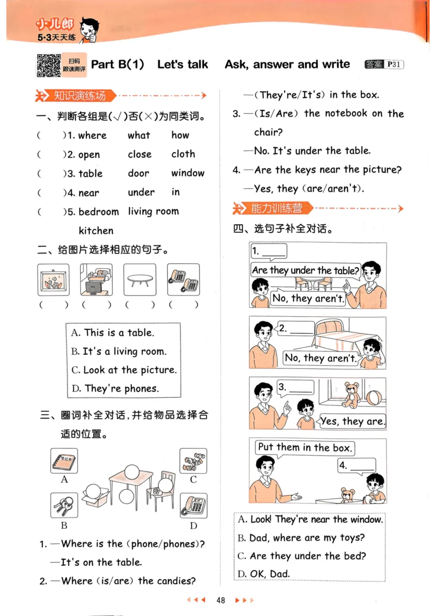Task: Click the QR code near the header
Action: coord(49,65)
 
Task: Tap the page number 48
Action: coord(221,600)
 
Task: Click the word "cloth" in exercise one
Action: coord(183,154)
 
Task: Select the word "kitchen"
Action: coord(96,230)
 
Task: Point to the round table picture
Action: coord(140,280)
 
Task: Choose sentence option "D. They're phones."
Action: coord(114,389)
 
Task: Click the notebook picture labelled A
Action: coord(64,461)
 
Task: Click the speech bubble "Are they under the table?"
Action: coord(306,270)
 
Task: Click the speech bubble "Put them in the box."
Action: coord(304,448)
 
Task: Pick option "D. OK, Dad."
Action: coord(264,574)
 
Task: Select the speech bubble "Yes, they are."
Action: coord(352,421)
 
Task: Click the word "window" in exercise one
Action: coord(187,173)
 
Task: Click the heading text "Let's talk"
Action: coord(183,64)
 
